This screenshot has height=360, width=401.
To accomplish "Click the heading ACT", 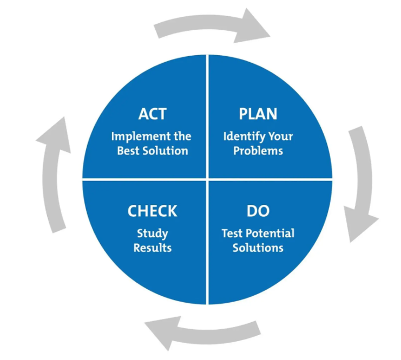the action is [153, 114].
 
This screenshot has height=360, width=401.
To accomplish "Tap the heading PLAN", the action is [258, 114].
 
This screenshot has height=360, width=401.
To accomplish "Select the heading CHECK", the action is [153, 211].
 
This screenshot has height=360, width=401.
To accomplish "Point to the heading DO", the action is [258, 211].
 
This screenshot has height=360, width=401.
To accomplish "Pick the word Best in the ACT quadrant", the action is [129, 151].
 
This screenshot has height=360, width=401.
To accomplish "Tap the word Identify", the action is [244, 137].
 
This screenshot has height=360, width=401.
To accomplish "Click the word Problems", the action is [258, 151].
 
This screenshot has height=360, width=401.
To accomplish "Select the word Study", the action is [153, 234].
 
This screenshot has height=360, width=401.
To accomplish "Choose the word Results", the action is [153, 248].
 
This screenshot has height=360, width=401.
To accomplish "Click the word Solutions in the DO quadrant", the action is [258, 248].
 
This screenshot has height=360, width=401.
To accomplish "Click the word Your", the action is [280, 137].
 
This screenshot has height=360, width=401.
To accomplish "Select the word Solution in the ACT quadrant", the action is [165, 151].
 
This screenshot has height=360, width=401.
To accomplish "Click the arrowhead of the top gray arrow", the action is [252, 27].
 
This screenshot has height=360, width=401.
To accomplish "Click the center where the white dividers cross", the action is [207, 179].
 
